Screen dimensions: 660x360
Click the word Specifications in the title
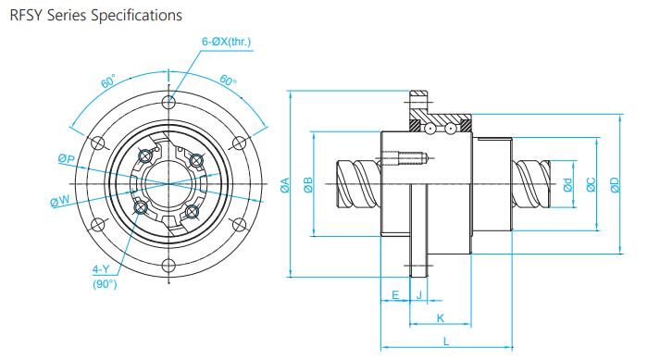[x=136, y=16]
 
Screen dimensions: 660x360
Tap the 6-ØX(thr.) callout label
[x=227, y=42]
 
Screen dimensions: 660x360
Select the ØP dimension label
[x=67, y=159]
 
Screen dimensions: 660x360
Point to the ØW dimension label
[x=60, y=202]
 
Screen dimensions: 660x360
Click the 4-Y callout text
[x=101, y=269]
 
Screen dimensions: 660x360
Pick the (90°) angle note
[x=105, y=284]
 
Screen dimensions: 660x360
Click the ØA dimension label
[x=285, y=185]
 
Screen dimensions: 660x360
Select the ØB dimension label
[x=308, y=185]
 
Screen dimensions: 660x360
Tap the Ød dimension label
[x=568, y=185]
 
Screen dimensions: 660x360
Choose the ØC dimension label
[x=592, y=185]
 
